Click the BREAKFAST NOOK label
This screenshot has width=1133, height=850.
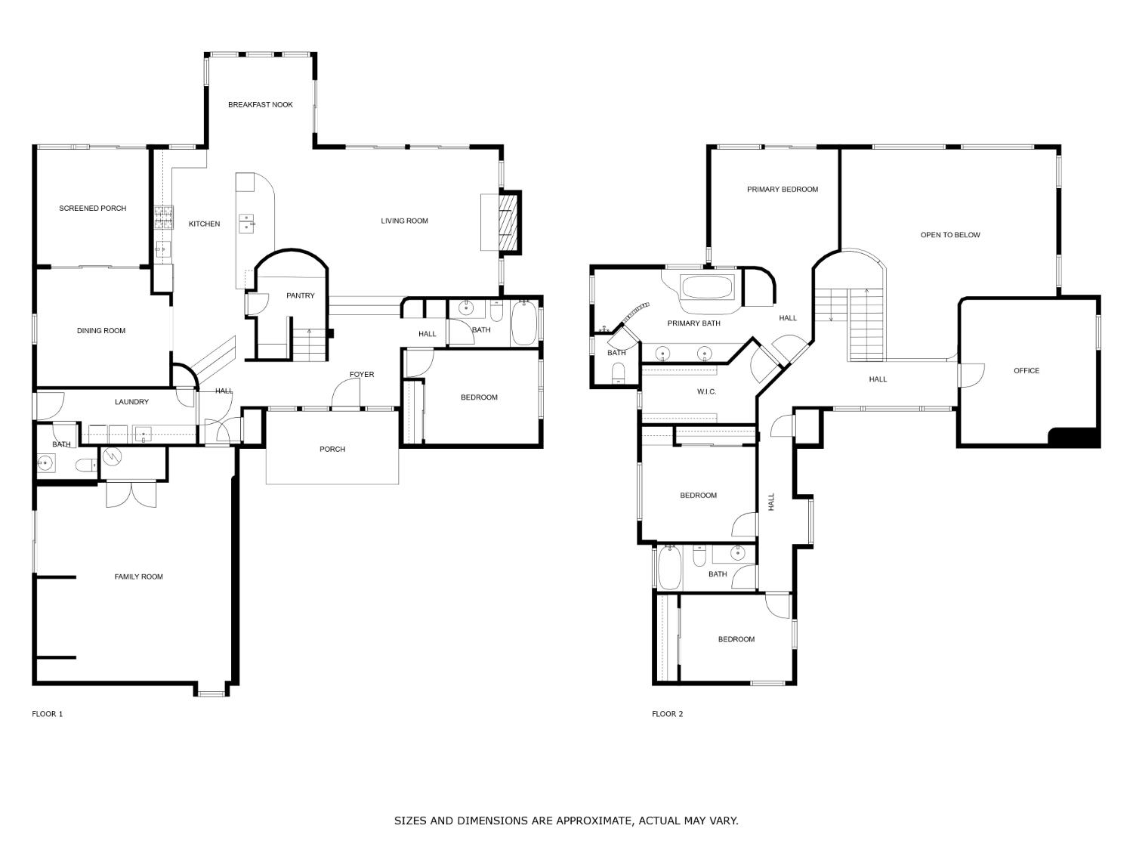pyautogui.click(x=260, y=105)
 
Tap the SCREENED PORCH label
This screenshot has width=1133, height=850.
pyautogui.click(x=92, y=209)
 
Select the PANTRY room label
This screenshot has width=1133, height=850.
pyautogui.click(x=301, y=295)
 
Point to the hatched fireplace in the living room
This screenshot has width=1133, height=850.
pyautogui.click(x=509, y=222)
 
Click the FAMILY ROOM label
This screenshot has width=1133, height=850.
pyautogui.click(x=138, y=577)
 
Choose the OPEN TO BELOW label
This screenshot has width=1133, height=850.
pyautogui.click(x=950, y=235)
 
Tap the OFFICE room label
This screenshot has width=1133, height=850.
pyautogui.click(x=1026, y=370)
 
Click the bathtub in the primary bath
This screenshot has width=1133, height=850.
pyautogui.click(x=707, y=287)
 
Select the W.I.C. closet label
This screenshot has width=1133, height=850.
pyautogui.click(x=706, y=391)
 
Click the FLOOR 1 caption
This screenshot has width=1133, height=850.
pyautogui.click(x=47, y=714)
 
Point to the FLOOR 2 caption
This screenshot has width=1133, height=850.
pyautogui.click(x=667, y=714)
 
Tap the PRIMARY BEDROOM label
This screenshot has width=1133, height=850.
pyautogui.click(x=783, y=190)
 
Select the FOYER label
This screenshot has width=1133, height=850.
pyautogui.click(x=361, y=375)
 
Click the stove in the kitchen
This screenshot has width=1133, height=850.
pyautogui.click(x=163, y=218)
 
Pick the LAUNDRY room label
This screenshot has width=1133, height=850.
pyautogui.click(x=131, y=402)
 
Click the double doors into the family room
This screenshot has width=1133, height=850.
pyautogui.click(x=131, y=494)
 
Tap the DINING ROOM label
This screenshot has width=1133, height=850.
pyautogui.click(x=101, y=331)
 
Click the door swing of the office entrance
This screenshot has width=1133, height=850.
pyautogui.click(x=971, y=376)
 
